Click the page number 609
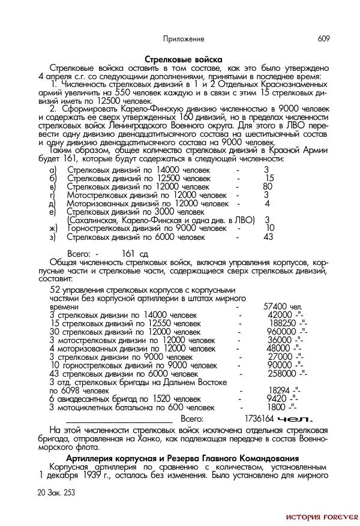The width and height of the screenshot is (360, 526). coord(323,39)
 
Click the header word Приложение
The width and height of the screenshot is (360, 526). coord(184,39)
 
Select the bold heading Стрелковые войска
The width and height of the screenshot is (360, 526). coord(184,59)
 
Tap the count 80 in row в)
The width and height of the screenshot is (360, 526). coord(268,187)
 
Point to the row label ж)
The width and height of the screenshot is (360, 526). coord(53,229)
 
